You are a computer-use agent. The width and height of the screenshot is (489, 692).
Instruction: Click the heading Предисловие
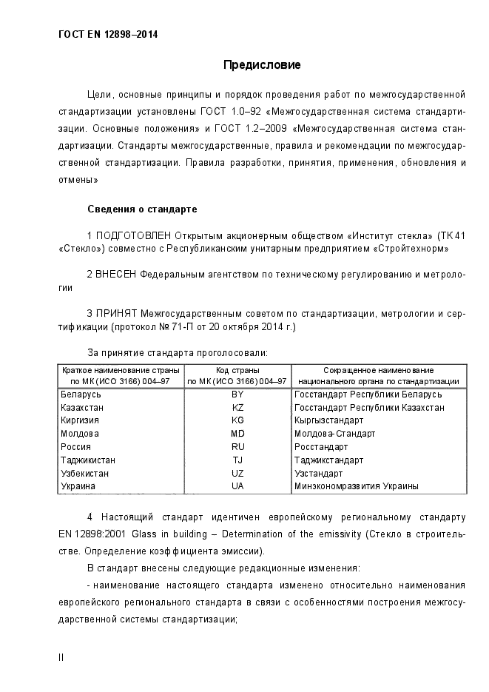tap(262, 65)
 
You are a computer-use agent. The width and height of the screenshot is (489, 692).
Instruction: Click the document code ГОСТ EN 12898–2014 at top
tap(107, 34)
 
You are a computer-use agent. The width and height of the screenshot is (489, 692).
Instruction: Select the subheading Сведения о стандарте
tap(142, 209)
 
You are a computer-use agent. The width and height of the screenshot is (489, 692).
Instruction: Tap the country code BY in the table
tap(237, 394)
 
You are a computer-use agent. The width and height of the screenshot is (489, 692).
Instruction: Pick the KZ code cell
tap(237, 408)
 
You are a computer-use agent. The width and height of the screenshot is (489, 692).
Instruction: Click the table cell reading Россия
tap(76, 447)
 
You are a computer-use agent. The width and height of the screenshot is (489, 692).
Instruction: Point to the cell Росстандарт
tap(321, 447)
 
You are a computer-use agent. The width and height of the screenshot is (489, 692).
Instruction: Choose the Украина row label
tap(79, 486)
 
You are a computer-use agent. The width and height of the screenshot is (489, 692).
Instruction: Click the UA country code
tap(237, 486)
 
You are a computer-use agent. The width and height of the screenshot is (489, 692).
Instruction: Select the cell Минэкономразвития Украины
tap(357, 486)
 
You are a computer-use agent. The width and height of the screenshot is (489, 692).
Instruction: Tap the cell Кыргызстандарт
tap(328, 420)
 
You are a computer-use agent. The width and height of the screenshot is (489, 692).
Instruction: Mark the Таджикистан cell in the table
tap(87, 460)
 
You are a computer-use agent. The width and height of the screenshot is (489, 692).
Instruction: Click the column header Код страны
tap(237, 370)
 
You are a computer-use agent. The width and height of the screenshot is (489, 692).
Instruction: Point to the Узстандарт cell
tap(319, 473)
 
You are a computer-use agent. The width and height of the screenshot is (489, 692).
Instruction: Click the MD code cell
tap(237, 434)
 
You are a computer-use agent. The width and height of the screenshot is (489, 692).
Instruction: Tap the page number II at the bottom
tap(61, 657)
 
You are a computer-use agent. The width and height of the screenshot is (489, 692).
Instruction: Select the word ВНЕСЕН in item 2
tap(116, 275)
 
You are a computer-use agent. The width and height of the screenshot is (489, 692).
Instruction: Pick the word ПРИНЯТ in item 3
tap(116, 314)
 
